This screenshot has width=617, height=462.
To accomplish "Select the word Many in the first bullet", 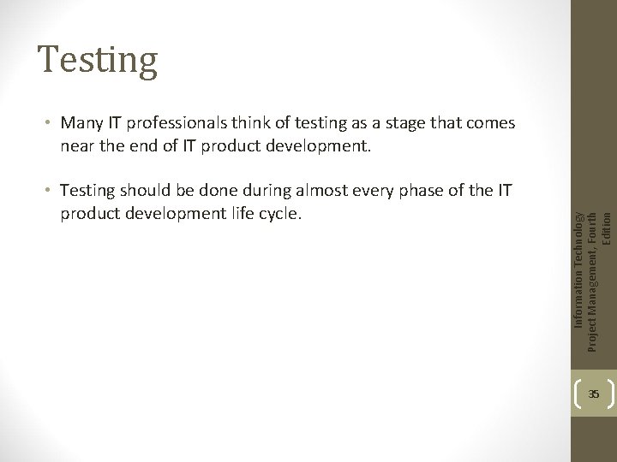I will click(79, 123).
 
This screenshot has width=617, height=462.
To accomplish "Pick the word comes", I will click(491, 123).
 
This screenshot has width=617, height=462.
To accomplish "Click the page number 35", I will click(594, 394).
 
